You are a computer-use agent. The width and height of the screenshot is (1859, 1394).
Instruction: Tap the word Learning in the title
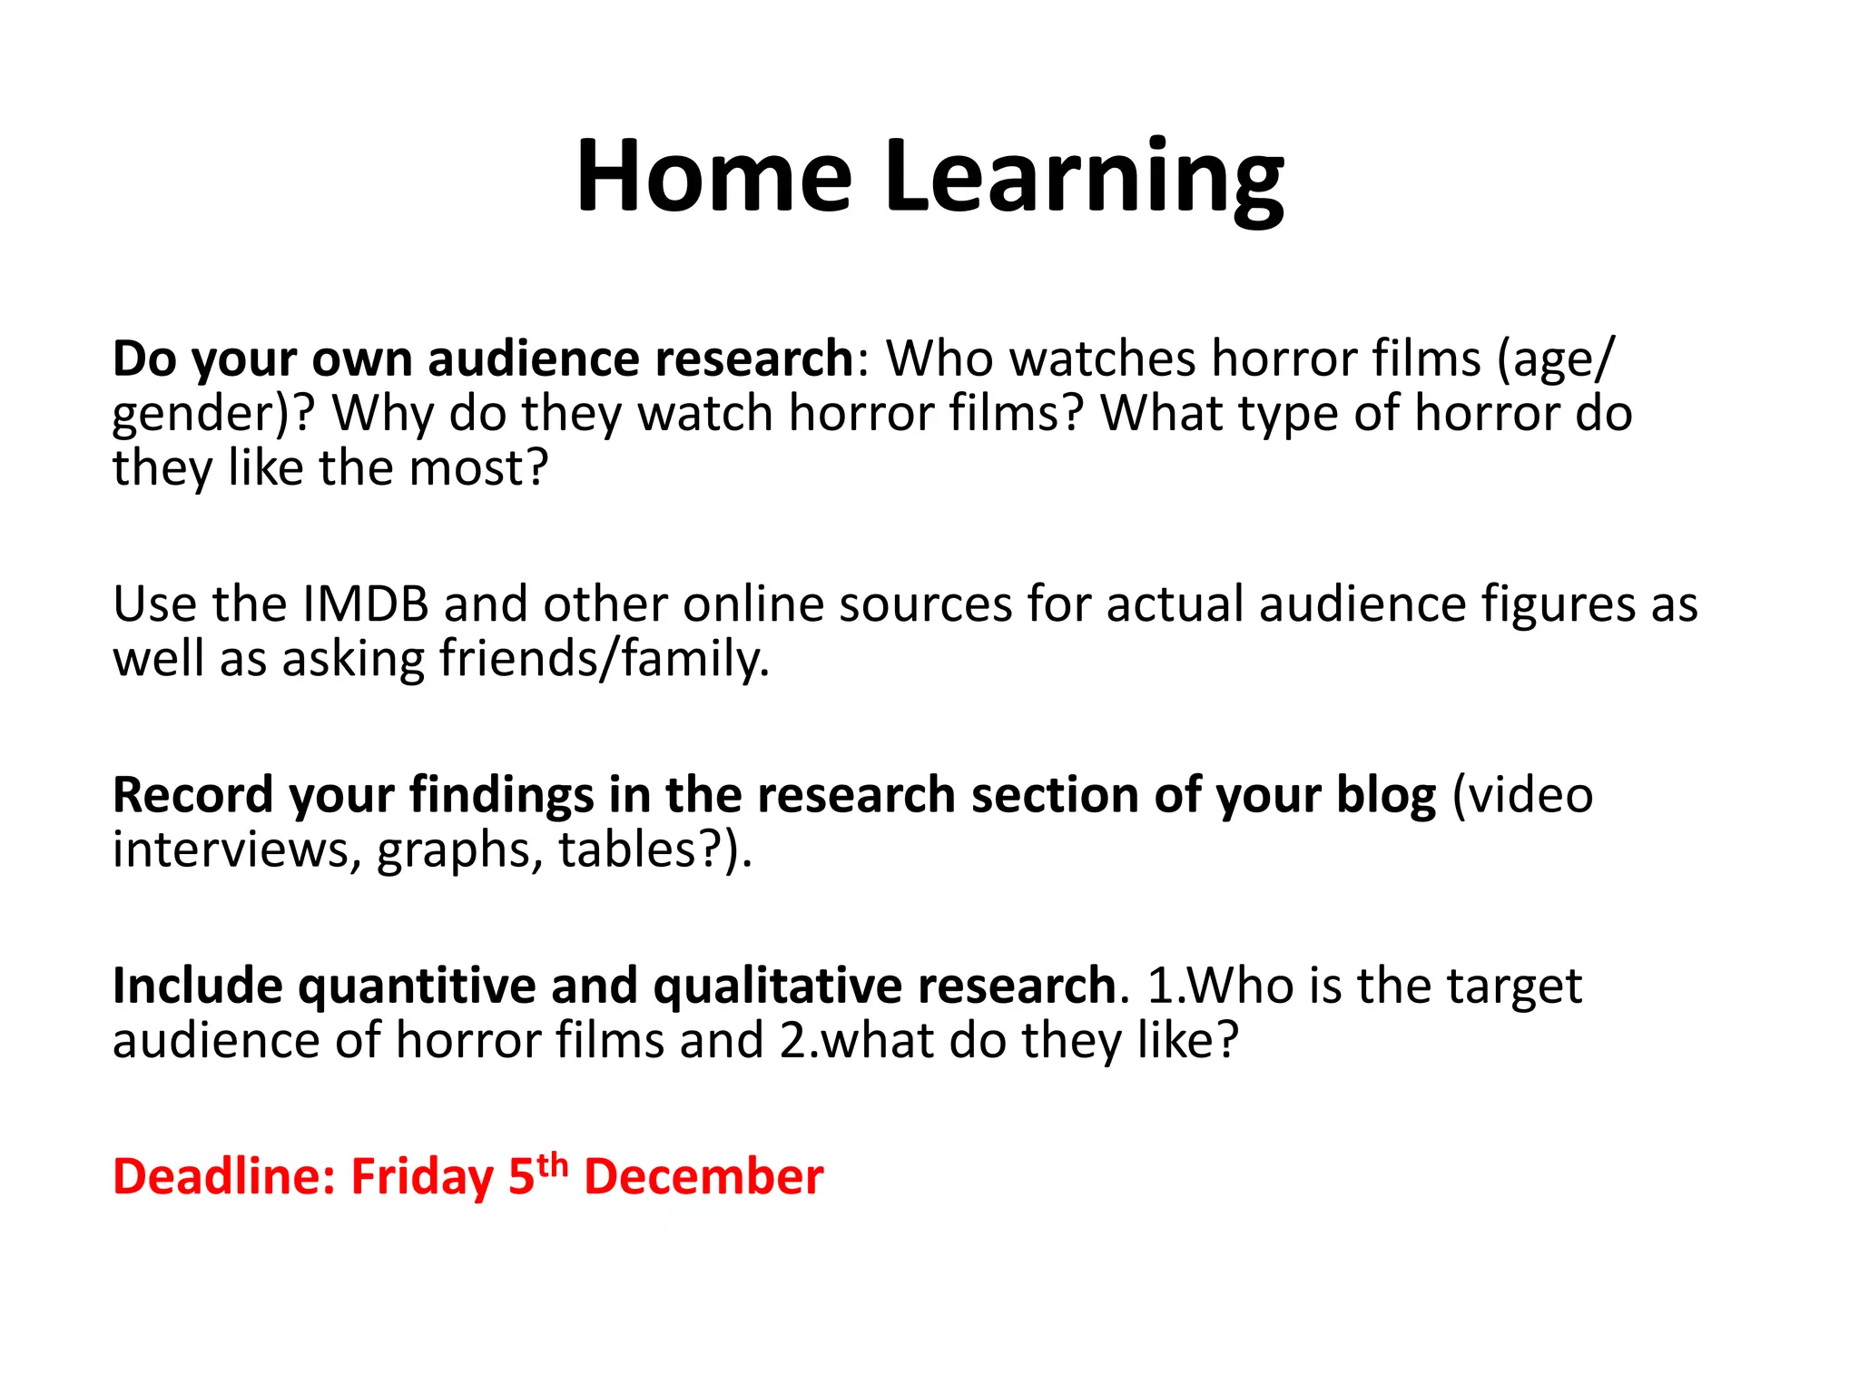1084,178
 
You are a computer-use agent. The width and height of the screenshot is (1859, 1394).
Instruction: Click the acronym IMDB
365,604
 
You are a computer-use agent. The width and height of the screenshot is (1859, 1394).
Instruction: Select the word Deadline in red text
224,1177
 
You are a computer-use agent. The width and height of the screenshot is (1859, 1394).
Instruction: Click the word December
703,1177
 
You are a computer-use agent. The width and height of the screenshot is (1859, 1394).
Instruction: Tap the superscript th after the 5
552,1164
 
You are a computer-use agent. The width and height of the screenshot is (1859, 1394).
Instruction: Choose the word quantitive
418,987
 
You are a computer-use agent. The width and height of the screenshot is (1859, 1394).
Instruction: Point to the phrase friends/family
605,659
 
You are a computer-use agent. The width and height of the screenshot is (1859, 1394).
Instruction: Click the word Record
192,796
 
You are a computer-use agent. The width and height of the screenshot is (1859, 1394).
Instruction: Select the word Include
197,987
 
